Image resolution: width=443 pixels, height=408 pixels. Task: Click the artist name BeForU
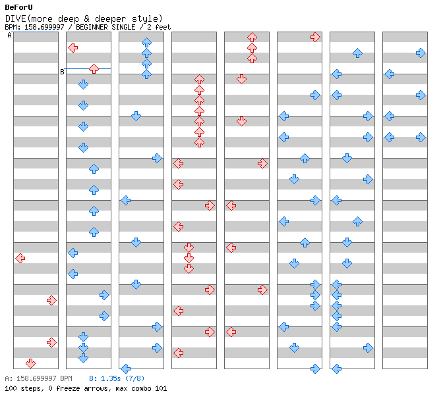[18, 7]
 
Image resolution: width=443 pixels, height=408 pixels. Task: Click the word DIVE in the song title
[16, 19]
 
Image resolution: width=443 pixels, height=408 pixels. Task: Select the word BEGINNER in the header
[92, 28]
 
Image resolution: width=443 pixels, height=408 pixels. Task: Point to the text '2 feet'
[159, 28]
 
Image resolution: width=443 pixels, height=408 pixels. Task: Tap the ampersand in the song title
[87, 19]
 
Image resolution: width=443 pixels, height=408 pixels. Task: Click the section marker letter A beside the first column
[10, 36]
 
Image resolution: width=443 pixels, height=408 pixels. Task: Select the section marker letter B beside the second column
[62, 72]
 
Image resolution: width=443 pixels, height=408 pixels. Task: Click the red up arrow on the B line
[94, 69]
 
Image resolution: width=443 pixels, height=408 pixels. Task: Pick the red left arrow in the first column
[20, 258]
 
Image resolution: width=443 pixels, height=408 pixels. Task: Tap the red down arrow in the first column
[30, 363]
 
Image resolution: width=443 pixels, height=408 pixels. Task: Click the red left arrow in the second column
[73, 47]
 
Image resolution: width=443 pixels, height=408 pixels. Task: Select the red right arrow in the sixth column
[315, 38]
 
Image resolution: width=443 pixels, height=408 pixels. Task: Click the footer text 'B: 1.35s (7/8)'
[117, 378]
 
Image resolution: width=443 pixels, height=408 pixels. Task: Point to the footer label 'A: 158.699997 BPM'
[38, 378]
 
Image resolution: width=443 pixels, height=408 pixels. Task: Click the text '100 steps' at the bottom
[24, 388]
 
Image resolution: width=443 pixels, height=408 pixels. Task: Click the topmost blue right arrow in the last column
[421, 53]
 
